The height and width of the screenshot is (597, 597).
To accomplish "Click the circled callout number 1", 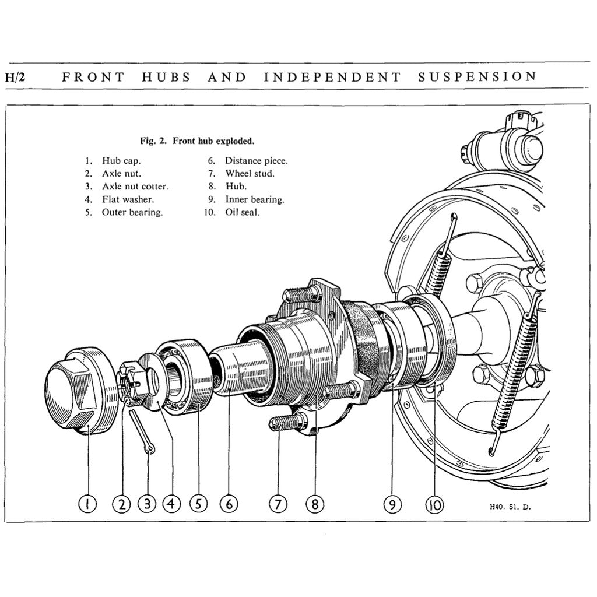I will click(87, 503).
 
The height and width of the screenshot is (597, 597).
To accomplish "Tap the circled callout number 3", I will click(148, 503).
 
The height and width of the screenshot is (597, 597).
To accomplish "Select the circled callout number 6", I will click(229, 503).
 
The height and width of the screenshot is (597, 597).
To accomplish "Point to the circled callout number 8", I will click(315, 503).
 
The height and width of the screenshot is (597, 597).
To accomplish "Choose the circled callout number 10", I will click(434, 503).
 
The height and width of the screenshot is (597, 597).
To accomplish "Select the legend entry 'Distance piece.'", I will click(256, 161).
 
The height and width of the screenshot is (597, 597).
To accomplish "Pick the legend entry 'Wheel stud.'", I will click(250, 174).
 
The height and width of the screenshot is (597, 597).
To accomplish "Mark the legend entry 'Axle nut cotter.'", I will click(135, 187).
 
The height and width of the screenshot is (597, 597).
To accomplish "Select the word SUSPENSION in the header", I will click(477, 76).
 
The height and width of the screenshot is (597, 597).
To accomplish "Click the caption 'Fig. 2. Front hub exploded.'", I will click(197, 141).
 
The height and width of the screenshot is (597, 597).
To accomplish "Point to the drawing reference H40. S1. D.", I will click(510, 507).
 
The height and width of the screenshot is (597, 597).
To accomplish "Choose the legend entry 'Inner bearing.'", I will click(255, 199).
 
